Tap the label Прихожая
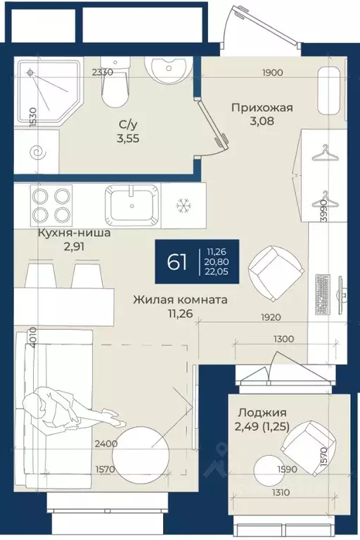coord(262,108)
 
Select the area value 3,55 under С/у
coord(128,139)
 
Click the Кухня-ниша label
coord(74,233)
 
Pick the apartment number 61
coord(176,263)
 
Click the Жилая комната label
coord(181,300)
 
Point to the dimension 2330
coord(103,72)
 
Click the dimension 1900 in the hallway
coord(272,72)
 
